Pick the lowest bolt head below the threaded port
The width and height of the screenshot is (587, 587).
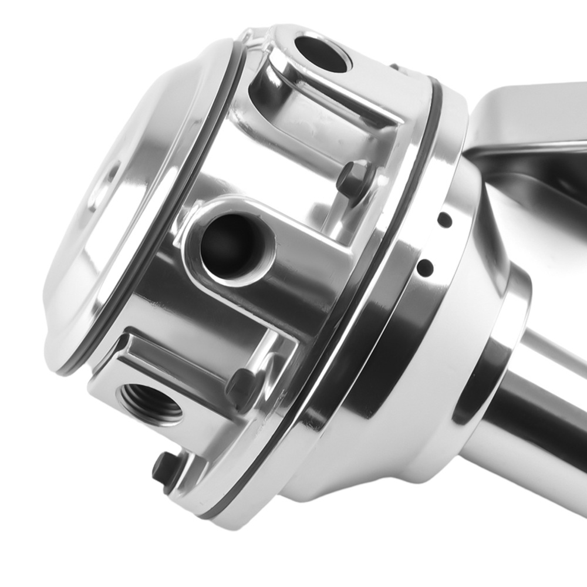tap(164, 468)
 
